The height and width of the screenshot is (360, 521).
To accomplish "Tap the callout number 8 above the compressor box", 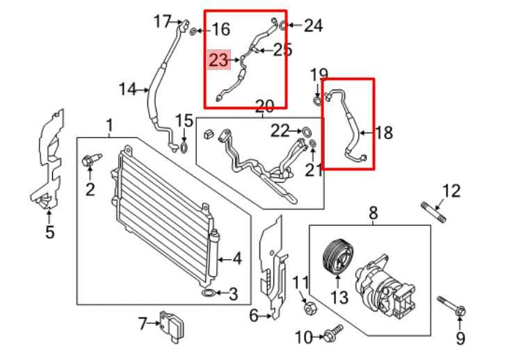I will pos(373,213).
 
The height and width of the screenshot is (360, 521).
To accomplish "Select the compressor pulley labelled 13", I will pos(337,257).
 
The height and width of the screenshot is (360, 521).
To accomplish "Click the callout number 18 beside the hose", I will pos(384,132).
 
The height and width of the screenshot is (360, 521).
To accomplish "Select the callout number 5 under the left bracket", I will pos(50,232).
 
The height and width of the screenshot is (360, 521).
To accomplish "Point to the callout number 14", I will pos(127,89).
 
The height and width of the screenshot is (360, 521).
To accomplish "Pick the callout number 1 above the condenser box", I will pos(109,126).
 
